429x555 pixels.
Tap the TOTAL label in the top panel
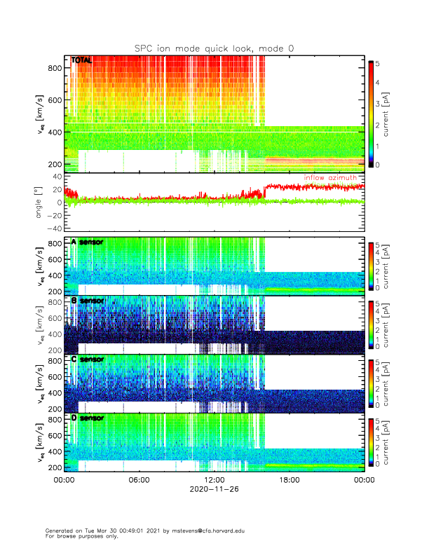click(81, 61)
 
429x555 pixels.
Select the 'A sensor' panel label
click(88, 242)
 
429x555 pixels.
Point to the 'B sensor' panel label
click(88, 301)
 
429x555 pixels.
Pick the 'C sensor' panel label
click(88, 359)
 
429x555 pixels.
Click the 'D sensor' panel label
click(88, 418)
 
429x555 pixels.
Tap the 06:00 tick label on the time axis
click(139, 480)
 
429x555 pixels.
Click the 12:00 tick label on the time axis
click(214, 480)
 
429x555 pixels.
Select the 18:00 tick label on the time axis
click(289, 480)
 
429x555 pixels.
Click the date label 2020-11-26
click(214, 491)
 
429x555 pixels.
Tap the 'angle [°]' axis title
click(40, 202)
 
